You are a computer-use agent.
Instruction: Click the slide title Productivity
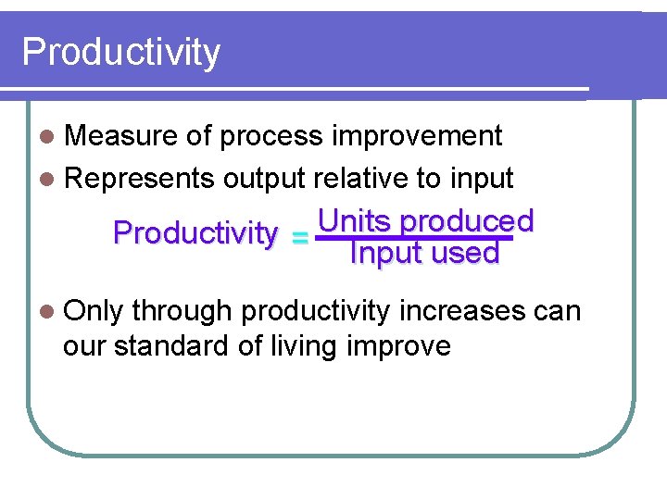coord(121,52)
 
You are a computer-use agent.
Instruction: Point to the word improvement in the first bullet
coord(417,136)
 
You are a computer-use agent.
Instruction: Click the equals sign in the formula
coord(298,238)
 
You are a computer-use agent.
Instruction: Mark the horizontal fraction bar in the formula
coord(413,237)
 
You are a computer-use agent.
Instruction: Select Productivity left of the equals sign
coord(195,233)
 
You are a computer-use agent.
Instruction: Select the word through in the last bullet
coord(182,311)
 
